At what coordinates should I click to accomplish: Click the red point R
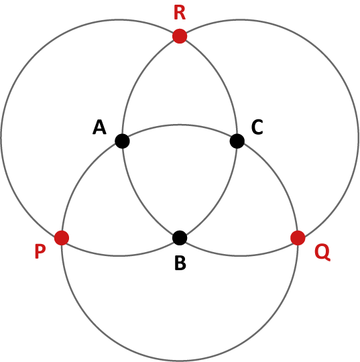click(x=180, y=36)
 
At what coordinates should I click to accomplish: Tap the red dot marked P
click(x=62, y=238)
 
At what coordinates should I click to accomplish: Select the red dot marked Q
click(x=298, y=238)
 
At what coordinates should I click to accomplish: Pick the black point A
click(x=122, y=141)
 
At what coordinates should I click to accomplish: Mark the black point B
click(x=180, y=238)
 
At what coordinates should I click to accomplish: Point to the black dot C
click(x=237, y=141)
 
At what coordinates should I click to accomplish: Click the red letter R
click(x=180, y=13)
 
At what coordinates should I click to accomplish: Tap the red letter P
click(x=40, y=251)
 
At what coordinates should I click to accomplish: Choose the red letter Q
click(x=322, y=253)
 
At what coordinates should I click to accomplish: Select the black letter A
click(x=99, y=127)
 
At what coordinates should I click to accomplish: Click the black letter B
click(x=180, y=263)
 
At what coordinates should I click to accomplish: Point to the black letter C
click(x=257, y=127)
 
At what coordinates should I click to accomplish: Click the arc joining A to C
click(x=180, y=125)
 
